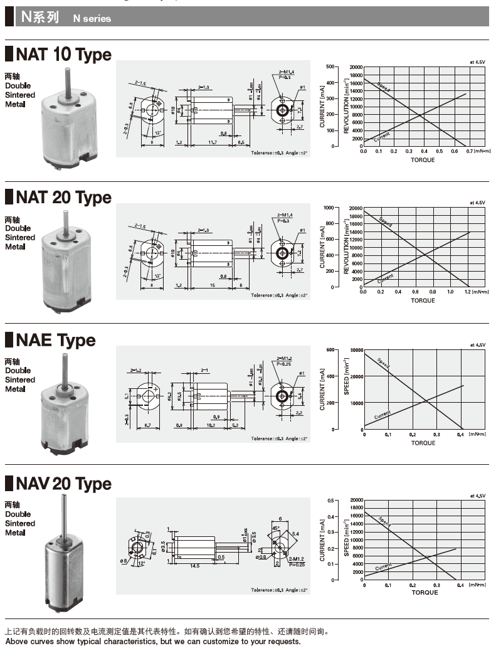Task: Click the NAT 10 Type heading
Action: [x=63, y=55]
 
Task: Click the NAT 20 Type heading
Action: [x=63, y=198]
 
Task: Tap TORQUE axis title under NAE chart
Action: [x=423, y=443]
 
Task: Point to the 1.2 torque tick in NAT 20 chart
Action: [x=467, y=292]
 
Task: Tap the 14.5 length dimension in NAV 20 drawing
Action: [x=194, y=566]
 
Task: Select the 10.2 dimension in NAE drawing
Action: [x=211, y=425]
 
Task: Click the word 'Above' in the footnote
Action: [x=17, y=642]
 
